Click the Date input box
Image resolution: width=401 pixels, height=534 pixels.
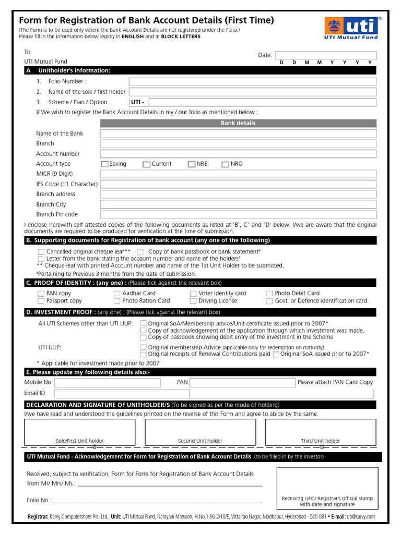pos(326,55)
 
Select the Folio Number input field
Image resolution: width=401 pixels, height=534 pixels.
pos(253,82)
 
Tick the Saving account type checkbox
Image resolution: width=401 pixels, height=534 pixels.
pos(104,164)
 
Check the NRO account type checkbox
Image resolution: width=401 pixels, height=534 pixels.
pos(225,164)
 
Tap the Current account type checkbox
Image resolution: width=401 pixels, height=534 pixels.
pos(146,164)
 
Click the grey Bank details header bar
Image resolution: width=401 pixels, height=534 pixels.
pos(238,123)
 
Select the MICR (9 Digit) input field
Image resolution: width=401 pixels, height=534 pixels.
pos(238,174)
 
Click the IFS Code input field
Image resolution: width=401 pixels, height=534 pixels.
pos(238,184)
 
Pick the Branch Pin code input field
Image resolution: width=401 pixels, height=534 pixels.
pos(238,214)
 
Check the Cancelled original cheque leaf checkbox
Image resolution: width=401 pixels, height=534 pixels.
pos(41,251)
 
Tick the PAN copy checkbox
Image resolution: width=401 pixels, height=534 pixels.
pos(41,294)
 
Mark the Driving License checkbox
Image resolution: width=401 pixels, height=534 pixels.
pos(193,301)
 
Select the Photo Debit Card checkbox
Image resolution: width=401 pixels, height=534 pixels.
pos(269,294)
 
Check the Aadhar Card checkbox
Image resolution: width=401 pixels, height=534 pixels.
pos(117,294)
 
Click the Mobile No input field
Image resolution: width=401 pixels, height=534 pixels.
pos(107,383)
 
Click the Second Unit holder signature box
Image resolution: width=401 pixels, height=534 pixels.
pos(200,431)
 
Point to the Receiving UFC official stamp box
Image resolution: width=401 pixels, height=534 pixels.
pos(327,488)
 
